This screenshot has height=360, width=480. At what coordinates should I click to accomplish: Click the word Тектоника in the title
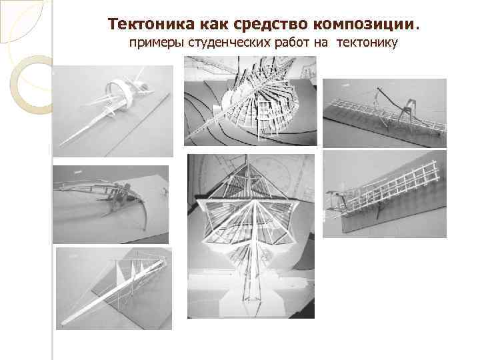tap(151, 24)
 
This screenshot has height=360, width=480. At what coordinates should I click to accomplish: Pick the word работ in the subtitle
tap(292, 43)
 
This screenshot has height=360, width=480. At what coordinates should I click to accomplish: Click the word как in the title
tap(214, 25)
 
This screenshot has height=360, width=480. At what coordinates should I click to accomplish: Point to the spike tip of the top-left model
tap(60, 145)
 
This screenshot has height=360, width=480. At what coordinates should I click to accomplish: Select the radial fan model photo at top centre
tap(251, 101)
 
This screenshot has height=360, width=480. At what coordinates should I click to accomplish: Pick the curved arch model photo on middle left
tap(111, 205)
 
